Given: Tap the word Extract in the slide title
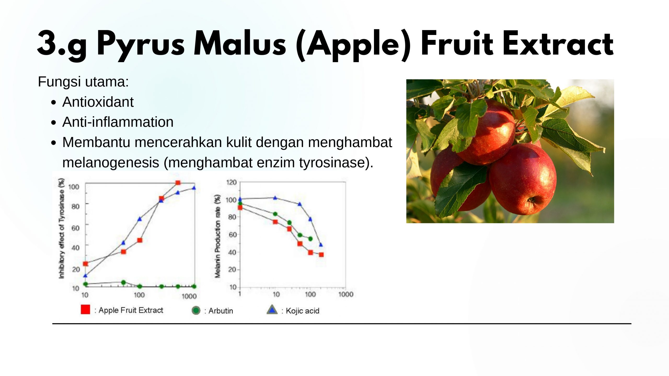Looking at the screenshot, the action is coord(558,43).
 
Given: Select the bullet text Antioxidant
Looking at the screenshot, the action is coord(98,102).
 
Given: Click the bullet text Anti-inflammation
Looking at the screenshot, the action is coord(118,122).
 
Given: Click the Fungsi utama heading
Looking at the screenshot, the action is coord(83,82).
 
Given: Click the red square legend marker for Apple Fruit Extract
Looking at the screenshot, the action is coord(85,309).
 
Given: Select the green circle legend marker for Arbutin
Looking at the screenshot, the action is coord(196,310).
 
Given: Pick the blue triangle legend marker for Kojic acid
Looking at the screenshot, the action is coord(272,310).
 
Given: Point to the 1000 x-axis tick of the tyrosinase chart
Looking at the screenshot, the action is coord(189,296).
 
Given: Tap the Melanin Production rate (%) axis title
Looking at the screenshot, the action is coord(217,236).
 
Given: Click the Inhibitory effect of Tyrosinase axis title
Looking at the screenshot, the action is coord(61,228).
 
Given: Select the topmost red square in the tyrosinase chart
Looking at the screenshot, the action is coord(178,183).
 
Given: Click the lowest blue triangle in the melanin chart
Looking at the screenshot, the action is coord(321,245).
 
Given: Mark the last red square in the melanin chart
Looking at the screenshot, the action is coord(321,255).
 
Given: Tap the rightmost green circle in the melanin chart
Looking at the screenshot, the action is coord(310,239).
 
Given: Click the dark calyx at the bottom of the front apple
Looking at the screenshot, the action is coord(531,200).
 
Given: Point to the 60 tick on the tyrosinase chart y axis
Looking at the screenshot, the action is coord(76,228).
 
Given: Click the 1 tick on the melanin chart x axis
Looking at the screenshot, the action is coord(240,294).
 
